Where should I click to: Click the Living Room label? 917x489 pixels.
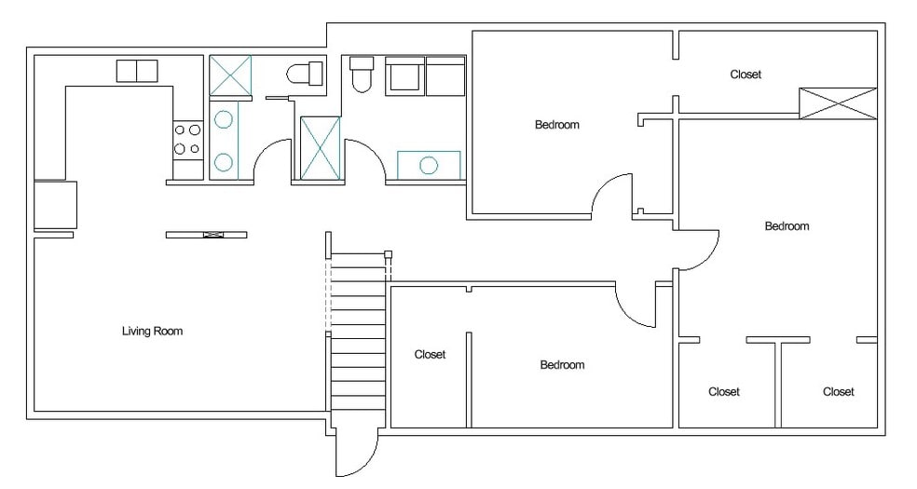pos(152,331)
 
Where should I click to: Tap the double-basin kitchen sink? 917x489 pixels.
pos(137,71)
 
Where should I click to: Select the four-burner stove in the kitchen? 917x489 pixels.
pos(187,141)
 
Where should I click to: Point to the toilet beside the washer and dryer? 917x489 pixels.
pos(362,74)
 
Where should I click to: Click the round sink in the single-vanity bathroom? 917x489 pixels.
pos(429,166)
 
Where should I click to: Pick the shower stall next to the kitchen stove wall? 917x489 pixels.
pos(230,75)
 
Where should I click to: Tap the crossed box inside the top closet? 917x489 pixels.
pos(838,103)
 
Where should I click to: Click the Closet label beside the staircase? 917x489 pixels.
pos(430,354)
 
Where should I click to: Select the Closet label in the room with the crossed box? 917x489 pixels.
pos(746,75)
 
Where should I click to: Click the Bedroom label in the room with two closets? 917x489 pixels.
pos(787,225)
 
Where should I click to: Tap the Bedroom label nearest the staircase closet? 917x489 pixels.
pos(562,364)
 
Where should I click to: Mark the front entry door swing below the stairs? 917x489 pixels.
pos(358,453)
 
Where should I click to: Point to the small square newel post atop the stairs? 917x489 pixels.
pos(387,254)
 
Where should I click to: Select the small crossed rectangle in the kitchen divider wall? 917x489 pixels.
pos(213,235)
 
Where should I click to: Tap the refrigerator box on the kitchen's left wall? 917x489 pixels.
pos(56,205)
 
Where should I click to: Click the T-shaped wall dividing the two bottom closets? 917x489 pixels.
pos(778,382)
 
